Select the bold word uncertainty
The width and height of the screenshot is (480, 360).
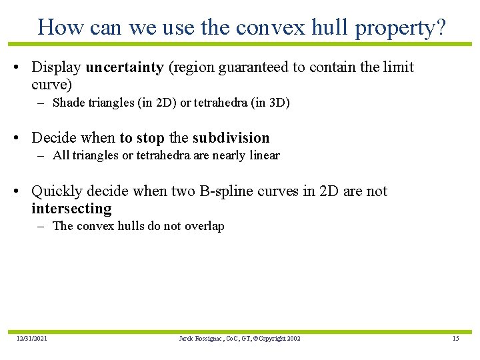click(125, 67)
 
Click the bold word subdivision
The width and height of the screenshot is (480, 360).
click(231, 138)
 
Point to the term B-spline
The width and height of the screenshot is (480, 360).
click(225, 191)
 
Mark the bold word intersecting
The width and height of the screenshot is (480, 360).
click(71, 209)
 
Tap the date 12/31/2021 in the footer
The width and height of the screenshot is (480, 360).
click(32, 339)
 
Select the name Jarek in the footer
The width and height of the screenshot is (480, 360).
click(186, 339)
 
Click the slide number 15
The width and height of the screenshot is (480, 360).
click(455, 339)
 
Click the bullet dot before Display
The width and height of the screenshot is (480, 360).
click(23, 68)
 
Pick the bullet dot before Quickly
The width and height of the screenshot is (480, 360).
click(23, 192)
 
